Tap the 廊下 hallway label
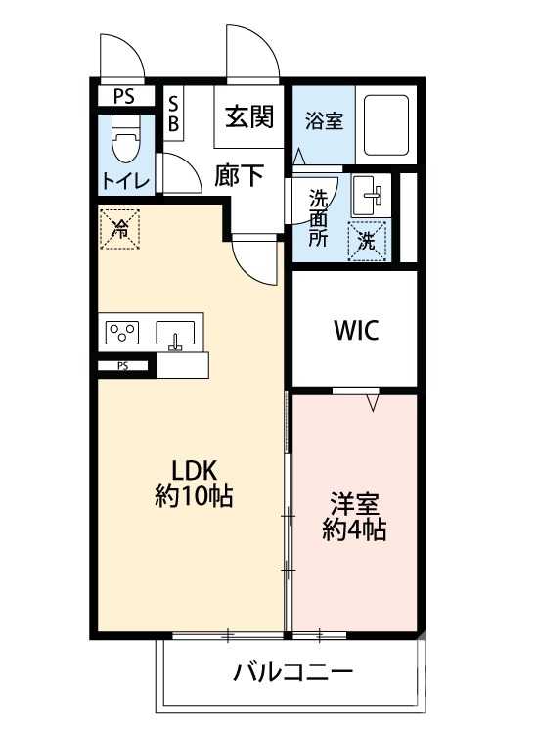240,175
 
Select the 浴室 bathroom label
324,121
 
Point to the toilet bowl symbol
125,143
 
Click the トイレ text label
125,181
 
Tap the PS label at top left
124,96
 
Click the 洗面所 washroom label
319,215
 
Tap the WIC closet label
354,329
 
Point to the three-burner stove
124,332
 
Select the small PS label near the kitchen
123,366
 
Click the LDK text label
194,468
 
